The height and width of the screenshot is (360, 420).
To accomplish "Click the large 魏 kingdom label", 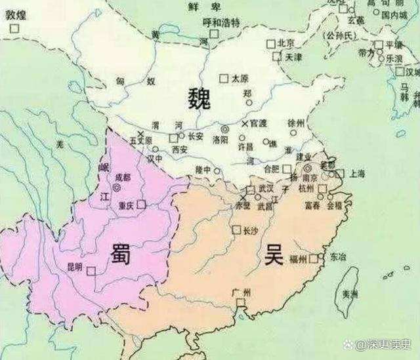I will [x=198, y=99].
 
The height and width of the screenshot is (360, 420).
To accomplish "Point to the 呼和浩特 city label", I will [x=219, y=22].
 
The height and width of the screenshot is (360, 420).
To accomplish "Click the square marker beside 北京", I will [x=270, y=43].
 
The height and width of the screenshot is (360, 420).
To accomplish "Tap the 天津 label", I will [x=293, y=57].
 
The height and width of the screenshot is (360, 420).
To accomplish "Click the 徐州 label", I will [x=297, y=123].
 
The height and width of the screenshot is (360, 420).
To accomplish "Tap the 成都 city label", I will [x=123, y=176].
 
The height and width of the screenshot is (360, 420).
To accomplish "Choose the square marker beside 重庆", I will [x=141, y=205].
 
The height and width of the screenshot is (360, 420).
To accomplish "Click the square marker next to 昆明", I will [x=91, y=269].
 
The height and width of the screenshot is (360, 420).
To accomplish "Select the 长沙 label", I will [x=251, y=230].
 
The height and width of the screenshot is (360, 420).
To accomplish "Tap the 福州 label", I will [x=297, y=260].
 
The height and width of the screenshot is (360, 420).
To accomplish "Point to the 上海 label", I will [x=358, y=174].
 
